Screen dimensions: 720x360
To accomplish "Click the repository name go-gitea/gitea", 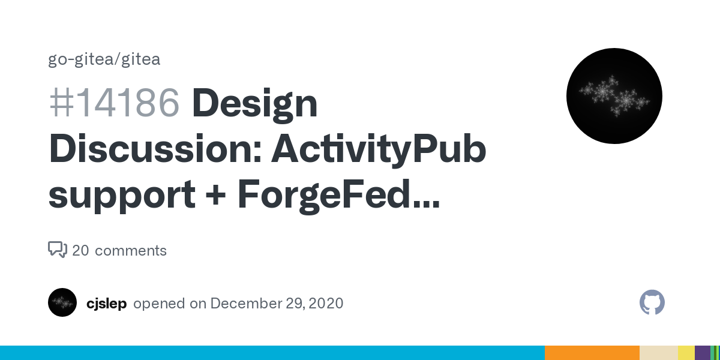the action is click(x=104, y=60).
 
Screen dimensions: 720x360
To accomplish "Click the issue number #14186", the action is click(x=114, y=103).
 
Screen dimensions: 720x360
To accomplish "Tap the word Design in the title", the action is click(x=254, y=105).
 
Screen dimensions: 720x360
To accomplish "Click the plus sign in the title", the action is click(x=215, y=194).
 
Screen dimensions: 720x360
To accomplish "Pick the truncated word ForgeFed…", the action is click(x=338, y=196).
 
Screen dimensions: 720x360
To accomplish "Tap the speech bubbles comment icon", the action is click(x=58, y=250).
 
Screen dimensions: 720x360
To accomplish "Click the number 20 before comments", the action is click(x=80, y=250).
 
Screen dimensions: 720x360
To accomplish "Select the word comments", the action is click(x=131, y=251).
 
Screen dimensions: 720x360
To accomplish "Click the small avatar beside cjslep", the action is click(x=62, y=302).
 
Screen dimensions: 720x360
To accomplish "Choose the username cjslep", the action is click(x=106, y=304).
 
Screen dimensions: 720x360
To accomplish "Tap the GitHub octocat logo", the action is click(x=652, y=302).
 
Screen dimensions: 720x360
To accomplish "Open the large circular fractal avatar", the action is click(x=614, y=96).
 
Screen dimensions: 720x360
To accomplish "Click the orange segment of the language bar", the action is click(x=592, y=353).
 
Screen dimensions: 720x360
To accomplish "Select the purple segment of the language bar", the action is click(x=703, y=353).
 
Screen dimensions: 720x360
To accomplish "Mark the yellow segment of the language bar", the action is click(x=686, y=353).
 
